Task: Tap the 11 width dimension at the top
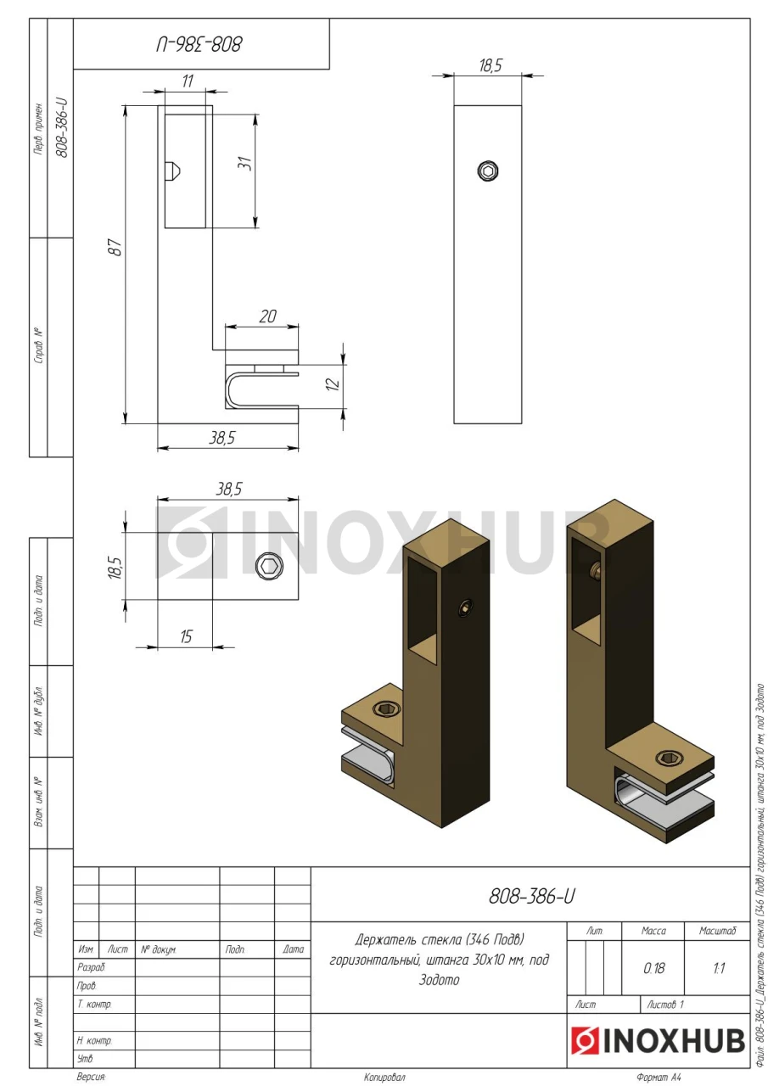click(188, 81)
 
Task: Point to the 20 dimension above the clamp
click(267, 316)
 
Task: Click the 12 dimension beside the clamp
click(334, 384)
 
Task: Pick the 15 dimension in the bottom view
click(186, 636)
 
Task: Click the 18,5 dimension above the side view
click(491, 65)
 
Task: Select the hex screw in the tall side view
click(488, 171)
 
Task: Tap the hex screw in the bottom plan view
click(269, 566)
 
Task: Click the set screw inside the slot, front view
click(172, 171)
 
